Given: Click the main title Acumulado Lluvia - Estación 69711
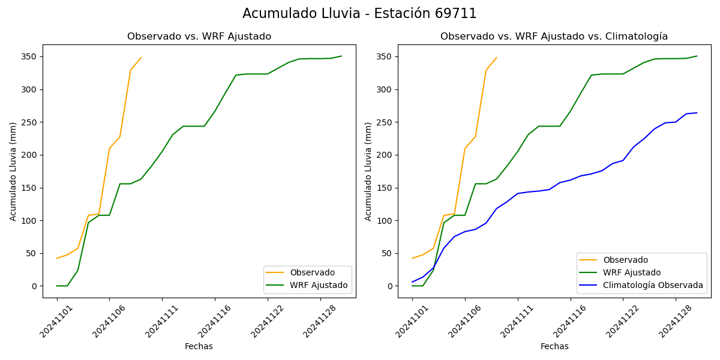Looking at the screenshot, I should (359, 14).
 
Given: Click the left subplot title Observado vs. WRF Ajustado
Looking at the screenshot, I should (199, 37).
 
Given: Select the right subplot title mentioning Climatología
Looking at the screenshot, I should (554, 37).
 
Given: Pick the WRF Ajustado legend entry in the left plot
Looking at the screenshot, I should (319, 285).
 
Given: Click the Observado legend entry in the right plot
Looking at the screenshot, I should (625, 260).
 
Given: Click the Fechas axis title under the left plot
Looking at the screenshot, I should (199, 346).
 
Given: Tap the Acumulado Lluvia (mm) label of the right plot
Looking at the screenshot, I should (368, 171).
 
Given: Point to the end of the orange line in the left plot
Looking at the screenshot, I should (141, 58).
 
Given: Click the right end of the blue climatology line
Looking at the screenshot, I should (697, 113).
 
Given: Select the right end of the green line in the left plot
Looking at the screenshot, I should (341, 56).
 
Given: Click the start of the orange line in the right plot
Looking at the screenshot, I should (412, 258).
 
